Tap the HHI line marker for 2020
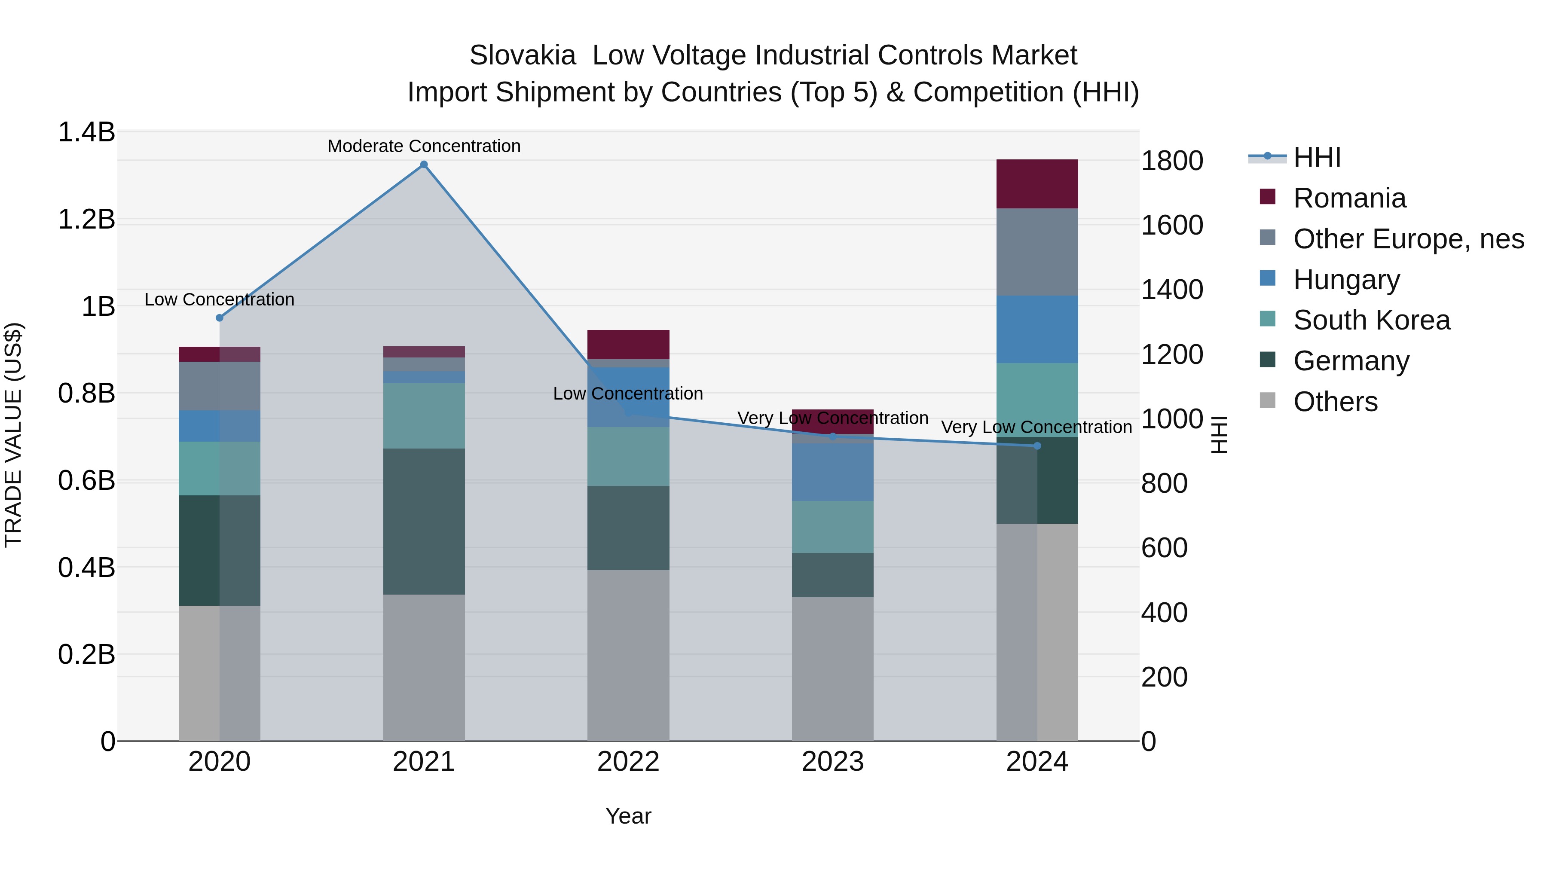click(x=219, y=317)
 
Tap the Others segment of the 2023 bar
click(x=832, y=668)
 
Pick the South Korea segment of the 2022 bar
click(x=628, y=456)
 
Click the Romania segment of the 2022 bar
click(x=628, y=345)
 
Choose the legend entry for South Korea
click(x=1371, y=320)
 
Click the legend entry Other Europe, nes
click(x=1408, y=239)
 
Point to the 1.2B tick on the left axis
click(x=86, y=220)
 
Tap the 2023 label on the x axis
click(x=832, y=762)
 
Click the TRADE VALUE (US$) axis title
click(x=14, y=435)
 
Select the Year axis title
click(x=628, y=816)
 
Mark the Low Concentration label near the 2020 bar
click(x=219, y=299)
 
